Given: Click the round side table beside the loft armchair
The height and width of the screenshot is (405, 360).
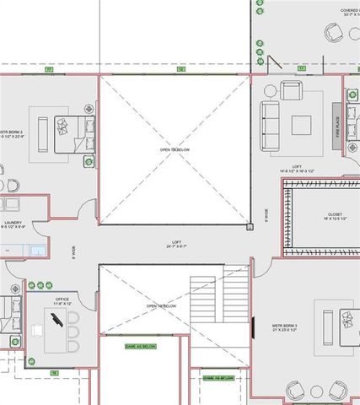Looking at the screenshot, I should (x=271, y=90).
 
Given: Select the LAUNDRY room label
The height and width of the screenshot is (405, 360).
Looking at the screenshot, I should (x=13, y=224).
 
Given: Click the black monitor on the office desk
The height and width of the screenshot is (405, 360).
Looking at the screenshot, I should (x=56, y=321).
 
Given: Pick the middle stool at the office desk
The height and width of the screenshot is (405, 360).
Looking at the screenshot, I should (x=73, y=332).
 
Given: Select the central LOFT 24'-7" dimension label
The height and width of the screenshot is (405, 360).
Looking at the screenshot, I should (x=176, y=245).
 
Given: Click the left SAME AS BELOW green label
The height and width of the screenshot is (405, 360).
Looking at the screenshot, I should (x=140, y=346).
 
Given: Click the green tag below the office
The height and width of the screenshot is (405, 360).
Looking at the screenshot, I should (x=54, y=372).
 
